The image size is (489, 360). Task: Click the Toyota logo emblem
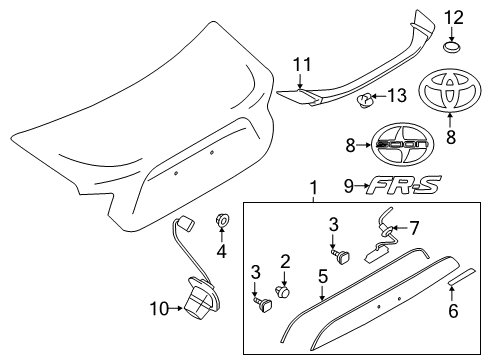coord(450,89)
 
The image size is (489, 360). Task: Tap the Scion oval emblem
coord(402,144)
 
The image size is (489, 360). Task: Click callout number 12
coord(454,18)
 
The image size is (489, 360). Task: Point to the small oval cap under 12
coord(452,47)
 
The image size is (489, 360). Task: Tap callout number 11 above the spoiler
coord(302,65)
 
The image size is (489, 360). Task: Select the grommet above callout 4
coord(222,220)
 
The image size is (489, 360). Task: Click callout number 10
coord(159,309)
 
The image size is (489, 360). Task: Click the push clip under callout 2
coord(282,293)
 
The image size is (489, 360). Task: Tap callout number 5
coord(323,276)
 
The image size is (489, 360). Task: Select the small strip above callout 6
coord(461,276)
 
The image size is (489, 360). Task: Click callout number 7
coord(414,229)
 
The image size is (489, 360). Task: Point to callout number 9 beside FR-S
coord(349,186)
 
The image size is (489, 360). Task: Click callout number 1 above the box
coord(313,189)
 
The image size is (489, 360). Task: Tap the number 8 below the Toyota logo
coord(451,137)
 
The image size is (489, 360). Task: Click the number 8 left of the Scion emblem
coord(350,146)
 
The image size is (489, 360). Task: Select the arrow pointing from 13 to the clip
coord(379,96)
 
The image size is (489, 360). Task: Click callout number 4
coord(222,251)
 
